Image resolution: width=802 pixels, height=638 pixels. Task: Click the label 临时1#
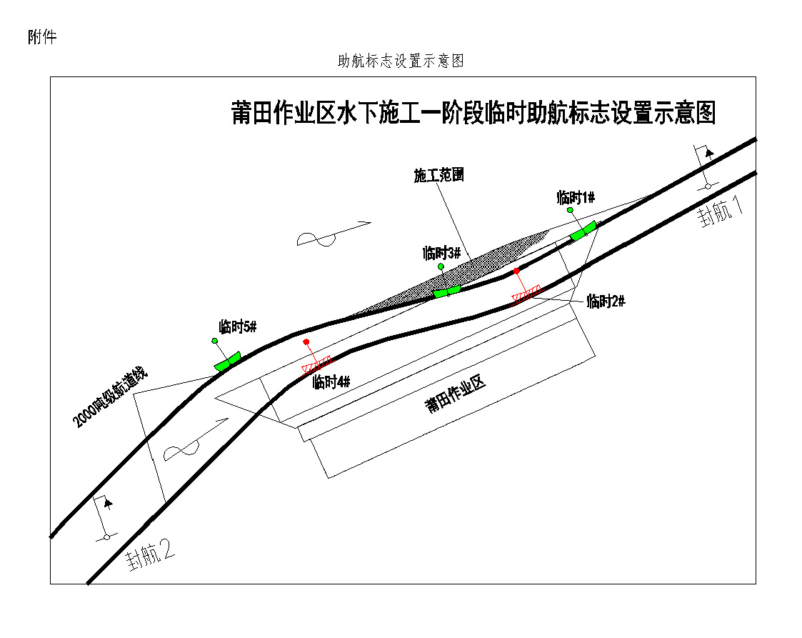pos(576,197)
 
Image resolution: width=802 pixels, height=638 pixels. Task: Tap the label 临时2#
pos(606,301)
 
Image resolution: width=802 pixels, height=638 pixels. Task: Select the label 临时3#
pos(442,253)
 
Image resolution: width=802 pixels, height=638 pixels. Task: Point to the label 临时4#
pos(331,382)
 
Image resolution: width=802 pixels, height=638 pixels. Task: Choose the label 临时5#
pos(238,327)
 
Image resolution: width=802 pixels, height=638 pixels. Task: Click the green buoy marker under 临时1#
pos(583,231)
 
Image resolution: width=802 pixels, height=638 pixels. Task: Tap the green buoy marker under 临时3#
pos(447,291)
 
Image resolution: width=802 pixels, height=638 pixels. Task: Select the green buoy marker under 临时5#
pos(228,361)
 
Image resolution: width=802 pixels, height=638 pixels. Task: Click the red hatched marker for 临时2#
pos(526,294)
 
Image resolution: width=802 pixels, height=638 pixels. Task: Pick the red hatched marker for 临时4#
pos(316,364)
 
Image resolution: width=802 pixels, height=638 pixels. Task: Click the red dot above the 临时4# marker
pos(306,342)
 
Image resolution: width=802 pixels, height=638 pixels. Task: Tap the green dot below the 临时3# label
pos(441,266)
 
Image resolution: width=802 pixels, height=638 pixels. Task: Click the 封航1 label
pos(721,211)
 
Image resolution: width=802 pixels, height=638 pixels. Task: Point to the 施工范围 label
pos(438,176)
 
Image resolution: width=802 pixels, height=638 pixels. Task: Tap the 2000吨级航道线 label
pos(109,397)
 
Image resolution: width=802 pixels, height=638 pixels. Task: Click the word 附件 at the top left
pos(42,37)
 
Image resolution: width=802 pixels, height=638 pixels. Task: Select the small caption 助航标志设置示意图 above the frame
pos(401,61)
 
